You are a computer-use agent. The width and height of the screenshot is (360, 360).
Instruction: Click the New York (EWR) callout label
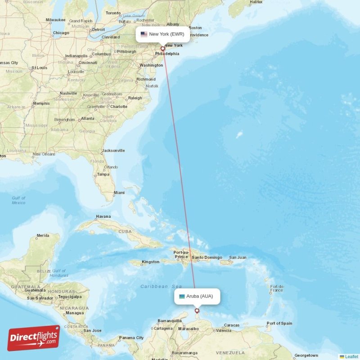pyautogui.click(x=162, y=34)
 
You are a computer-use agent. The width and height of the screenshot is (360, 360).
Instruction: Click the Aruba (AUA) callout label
pyautogui.click(x=197, y=296)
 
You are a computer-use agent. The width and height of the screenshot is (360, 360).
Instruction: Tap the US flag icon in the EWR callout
pyautogui.click(x=144, y=34)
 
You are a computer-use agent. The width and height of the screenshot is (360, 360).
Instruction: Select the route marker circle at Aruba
pyautogui.click(x=197, y=310)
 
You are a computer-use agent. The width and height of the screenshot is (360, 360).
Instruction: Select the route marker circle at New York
pyautogui.click(x=163, y=49)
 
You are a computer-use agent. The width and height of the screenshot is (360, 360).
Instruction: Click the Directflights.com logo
pyautogui.click(x=34, y=338)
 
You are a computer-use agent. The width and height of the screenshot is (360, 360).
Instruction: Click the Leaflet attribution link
pyautogui.click(x=351, y=356)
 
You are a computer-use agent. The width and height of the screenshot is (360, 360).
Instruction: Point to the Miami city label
pyautogui.click(x=119, y=193)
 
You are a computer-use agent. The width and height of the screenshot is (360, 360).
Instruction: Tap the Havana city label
pyautogui.click(x=103, y=216)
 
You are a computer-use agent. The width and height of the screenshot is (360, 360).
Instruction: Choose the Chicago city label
pyautogui.click(x=61, y=33)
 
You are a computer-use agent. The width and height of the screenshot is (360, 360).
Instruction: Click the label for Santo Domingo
pyautogui.click(x=207, y=258)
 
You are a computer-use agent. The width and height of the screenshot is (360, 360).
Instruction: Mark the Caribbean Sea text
pyautogui.click(x=161, y=286)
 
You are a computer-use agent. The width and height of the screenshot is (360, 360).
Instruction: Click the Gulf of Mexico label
pyautogui.click(x=19, y=200)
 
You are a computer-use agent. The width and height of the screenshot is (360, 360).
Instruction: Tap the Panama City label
pyautogui.click(x=131, y=337)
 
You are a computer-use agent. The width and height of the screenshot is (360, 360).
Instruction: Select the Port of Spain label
pyautogui.click(x=279, y=323)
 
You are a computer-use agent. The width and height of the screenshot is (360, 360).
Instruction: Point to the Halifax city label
pyautogui.click(x=256, y=2)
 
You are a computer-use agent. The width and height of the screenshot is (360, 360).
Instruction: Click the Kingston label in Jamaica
pyautogui.click(x=150, y=262)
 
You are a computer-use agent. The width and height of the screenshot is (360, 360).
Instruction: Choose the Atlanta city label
pyautogui.click(x=87, y=119)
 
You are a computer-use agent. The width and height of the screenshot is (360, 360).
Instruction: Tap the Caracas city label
pyautogui.click(x=231, y=325)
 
